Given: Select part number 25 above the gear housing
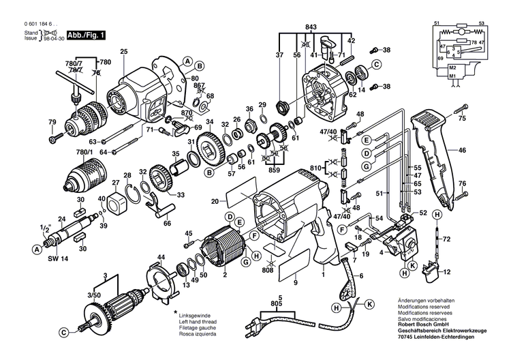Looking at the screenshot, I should click(123, 52).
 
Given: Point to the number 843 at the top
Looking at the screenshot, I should click(311, 27).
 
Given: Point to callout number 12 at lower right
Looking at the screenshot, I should click(466, 273).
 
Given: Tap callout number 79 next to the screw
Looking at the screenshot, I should click(52, 122).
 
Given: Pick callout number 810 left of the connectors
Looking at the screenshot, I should click(315, 167).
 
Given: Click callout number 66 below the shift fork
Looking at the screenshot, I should click(168, 222).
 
